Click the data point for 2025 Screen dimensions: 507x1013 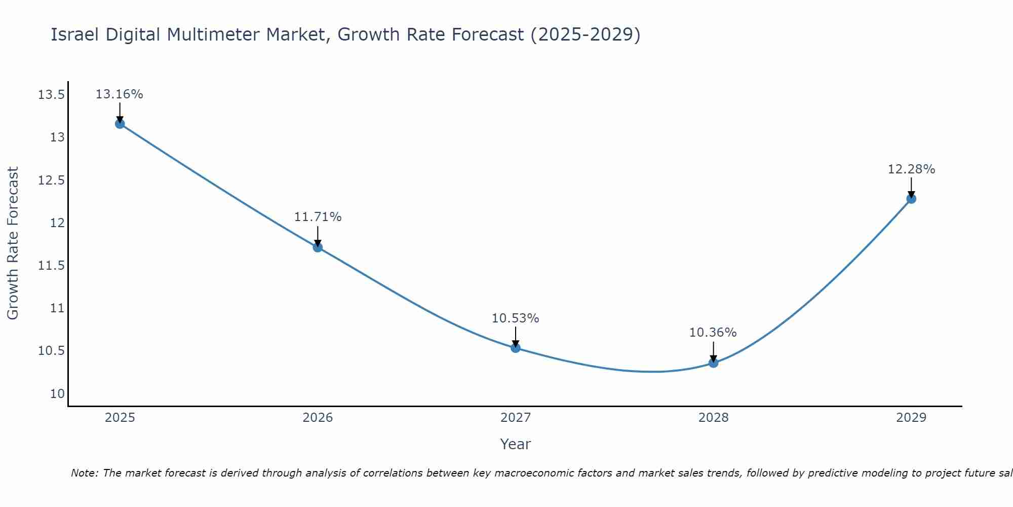[120, 124]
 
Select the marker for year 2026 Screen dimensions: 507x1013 [318, 247]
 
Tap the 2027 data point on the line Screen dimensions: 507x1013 [516, 348]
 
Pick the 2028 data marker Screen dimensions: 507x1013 [713, 363]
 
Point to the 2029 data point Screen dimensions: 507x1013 [911, 199]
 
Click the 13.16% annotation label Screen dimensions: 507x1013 [120, 94]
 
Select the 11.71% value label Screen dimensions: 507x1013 [318, 217]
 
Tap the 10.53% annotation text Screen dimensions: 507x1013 [516, 318]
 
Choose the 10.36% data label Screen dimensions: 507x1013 [713, 333]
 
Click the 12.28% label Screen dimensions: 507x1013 [911, 169]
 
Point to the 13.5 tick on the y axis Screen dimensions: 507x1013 [51, 95]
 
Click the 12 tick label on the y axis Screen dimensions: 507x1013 [58, 223]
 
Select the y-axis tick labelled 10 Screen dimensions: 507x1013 [57, 394]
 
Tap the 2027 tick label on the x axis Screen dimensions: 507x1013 [516, 418]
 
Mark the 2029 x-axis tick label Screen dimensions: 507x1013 [911, 418]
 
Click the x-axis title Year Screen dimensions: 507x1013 [515, 444]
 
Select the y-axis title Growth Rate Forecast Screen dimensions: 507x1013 [13, 243]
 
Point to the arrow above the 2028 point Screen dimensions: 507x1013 [713, 351]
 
